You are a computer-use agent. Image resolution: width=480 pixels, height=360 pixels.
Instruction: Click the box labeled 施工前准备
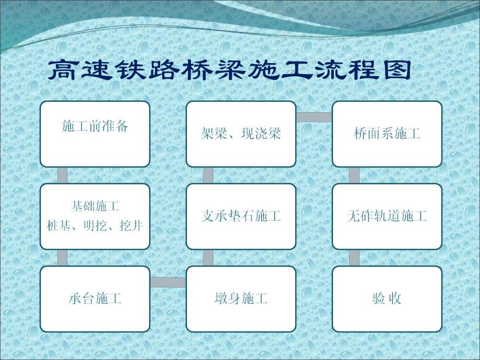tap(95, 134)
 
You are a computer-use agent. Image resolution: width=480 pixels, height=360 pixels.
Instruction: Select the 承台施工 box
tap(95, 299)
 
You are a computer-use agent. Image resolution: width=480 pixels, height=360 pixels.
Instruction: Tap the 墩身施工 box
tap(241, 299)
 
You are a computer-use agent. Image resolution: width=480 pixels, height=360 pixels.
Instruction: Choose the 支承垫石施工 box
tap(241, 216)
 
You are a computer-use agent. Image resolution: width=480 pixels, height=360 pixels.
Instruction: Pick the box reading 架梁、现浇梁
tap(241, 134)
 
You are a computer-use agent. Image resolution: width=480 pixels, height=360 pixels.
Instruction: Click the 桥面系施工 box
tap(387, 134)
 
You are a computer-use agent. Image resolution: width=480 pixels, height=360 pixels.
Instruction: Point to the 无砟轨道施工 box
tap(387, 216)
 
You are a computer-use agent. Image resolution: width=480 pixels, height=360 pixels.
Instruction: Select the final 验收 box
tap(387, 299)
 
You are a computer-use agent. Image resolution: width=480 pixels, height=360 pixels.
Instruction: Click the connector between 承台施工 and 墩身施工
tap(168, 282)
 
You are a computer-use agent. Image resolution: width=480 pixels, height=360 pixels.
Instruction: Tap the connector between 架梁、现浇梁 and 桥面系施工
tap(314, 117)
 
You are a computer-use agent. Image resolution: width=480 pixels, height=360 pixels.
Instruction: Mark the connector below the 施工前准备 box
tap(62, 175)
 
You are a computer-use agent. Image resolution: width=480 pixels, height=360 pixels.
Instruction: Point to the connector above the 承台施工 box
tap(62, 257)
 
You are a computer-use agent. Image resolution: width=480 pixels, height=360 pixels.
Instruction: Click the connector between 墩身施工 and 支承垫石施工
tap(208, 257)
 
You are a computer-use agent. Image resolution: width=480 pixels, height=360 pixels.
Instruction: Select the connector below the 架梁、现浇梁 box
tap(208, 175)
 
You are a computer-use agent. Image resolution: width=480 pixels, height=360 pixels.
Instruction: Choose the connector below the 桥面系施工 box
tap(354, 175)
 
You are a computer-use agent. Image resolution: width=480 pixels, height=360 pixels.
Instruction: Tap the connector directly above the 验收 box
tap(354, 257)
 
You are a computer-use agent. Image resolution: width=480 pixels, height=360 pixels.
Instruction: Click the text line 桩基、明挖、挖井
tap(95, 225)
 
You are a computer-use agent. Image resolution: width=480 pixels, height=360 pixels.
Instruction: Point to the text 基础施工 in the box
tap(95, 207)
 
